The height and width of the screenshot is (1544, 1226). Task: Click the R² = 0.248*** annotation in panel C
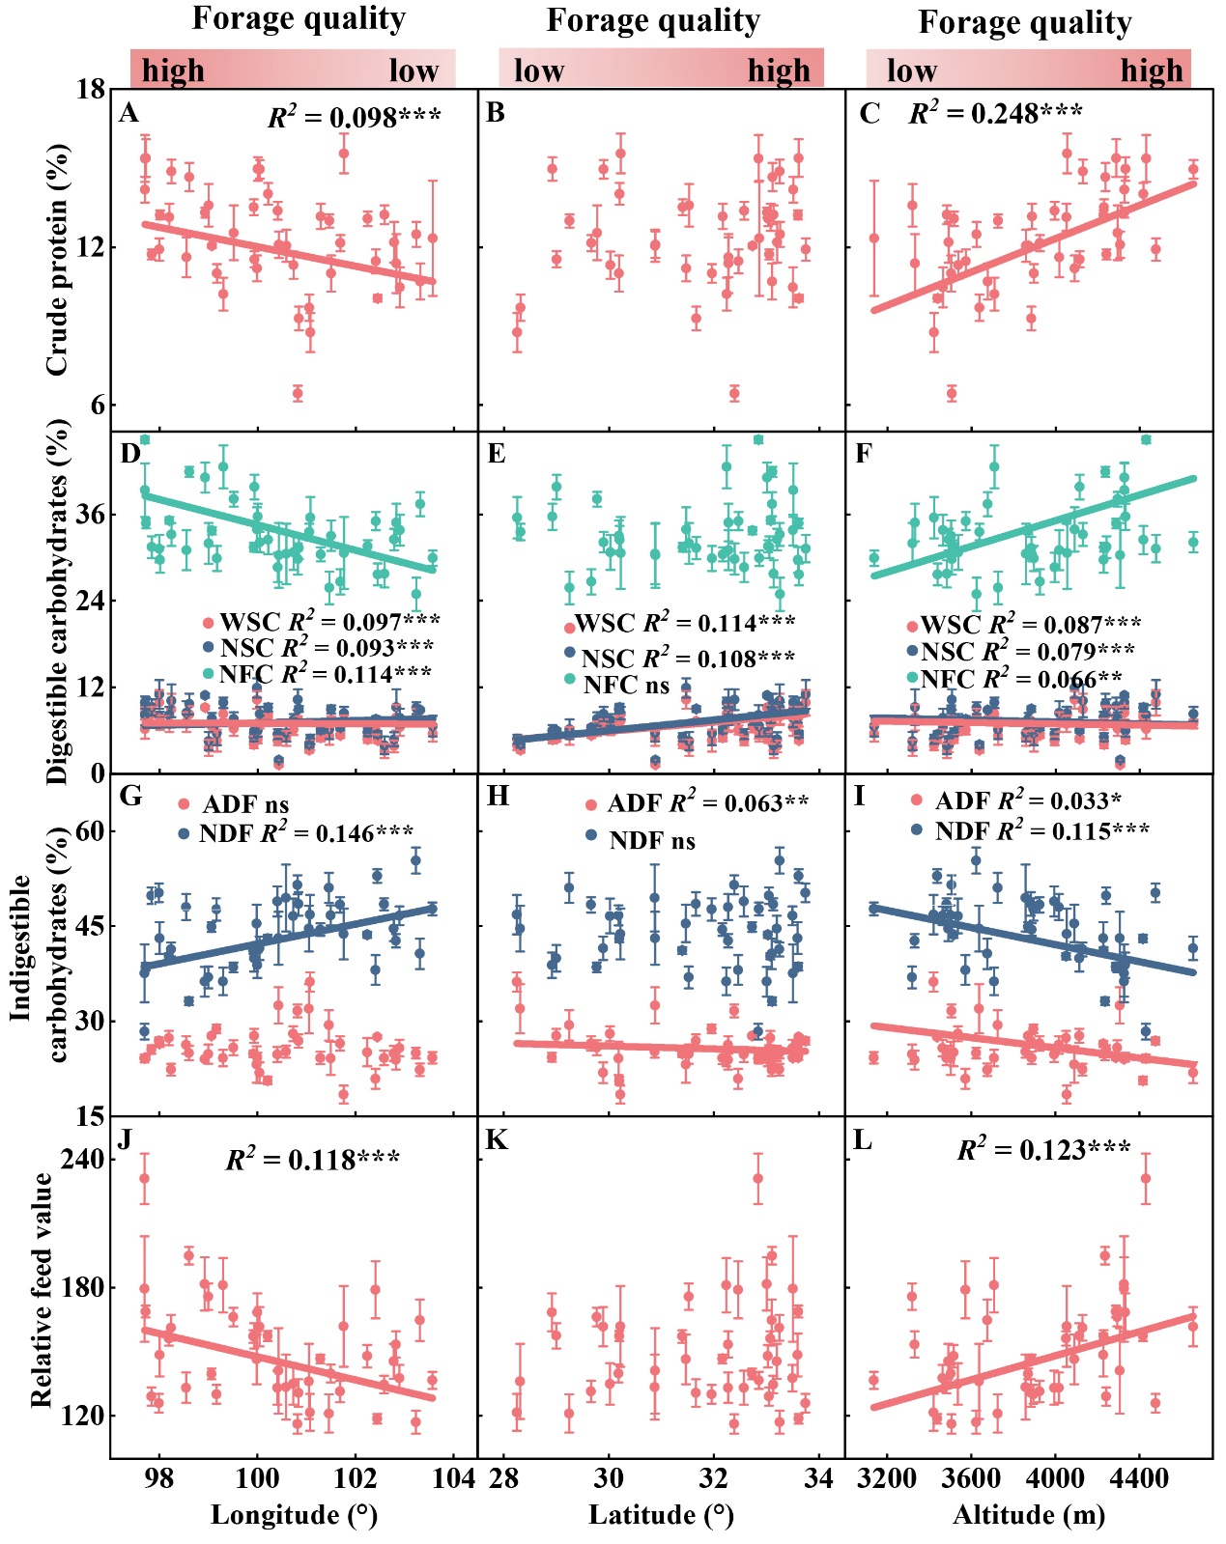pos(995,114)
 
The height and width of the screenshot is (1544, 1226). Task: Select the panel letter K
pos(496,1140)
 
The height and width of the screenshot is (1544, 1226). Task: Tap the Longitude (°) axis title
pos(294,1514)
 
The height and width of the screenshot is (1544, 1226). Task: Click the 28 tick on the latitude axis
pos(504,1478)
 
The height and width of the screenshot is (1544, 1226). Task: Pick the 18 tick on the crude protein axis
pos(91,90)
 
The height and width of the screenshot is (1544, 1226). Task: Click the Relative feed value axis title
pos(42,1290)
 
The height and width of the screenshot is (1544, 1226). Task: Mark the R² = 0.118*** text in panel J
pos(312,1160)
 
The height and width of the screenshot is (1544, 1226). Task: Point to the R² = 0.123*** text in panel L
pos(1043,1150)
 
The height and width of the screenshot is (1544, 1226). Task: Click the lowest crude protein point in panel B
pos(734,393)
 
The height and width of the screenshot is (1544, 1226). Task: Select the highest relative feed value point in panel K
pos(757,1178)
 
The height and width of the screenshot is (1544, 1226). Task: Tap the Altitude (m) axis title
pos(1029,1514)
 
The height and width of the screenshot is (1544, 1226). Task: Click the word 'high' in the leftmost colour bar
pos(173,70)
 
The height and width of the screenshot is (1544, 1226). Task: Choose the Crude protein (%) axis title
pos(58,259)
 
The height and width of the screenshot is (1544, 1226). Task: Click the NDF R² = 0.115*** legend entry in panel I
pos(1041,830)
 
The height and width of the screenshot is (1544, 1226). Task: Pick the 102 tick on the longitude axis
pos(356,1478)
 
